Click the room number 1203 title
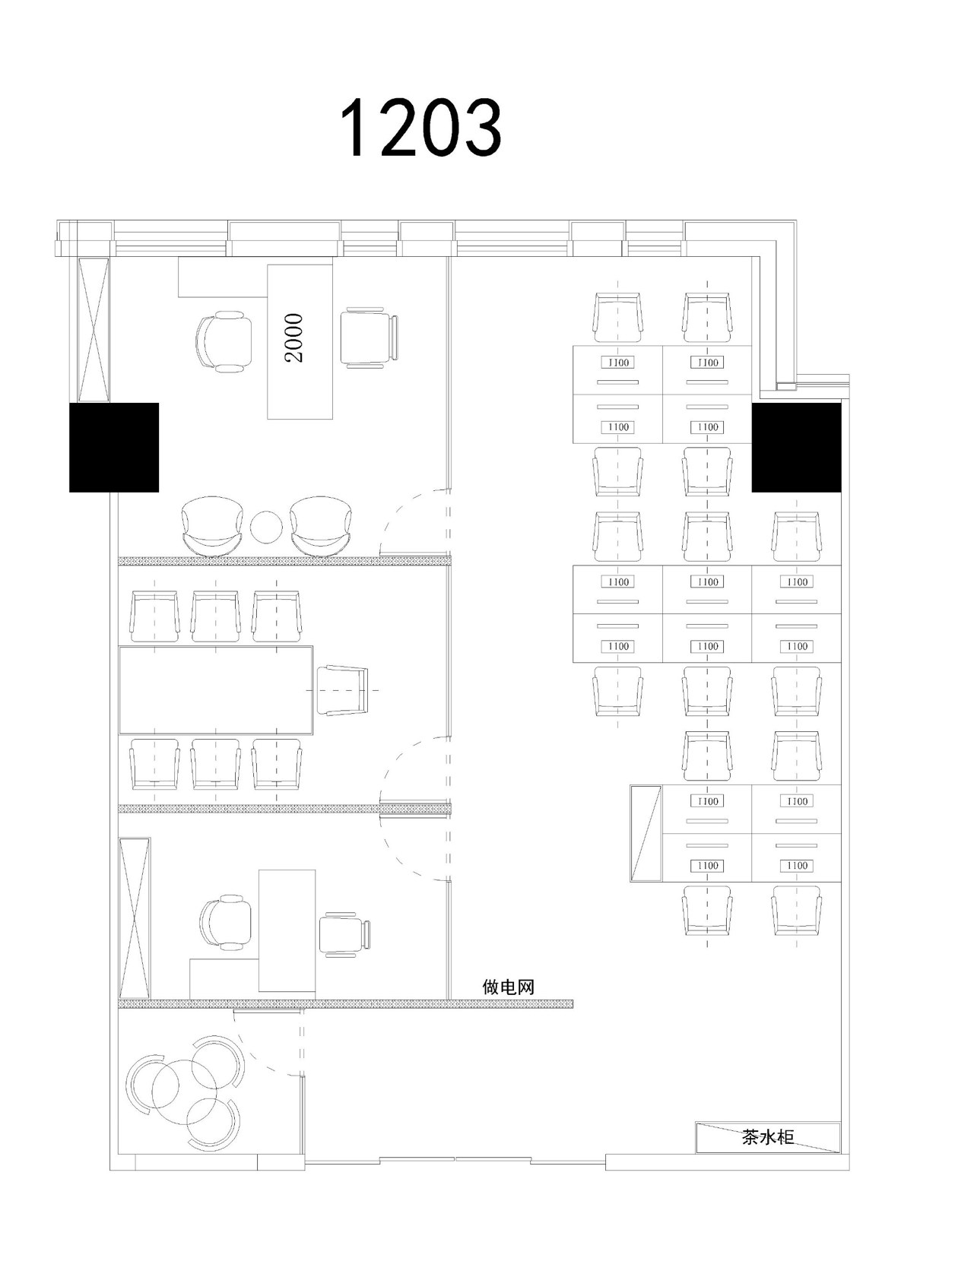tap(420, 127)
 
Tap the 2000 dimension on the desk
tap(295, 338)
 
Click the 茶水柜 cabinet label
tap(768, 1137)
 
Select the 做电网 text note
tap(509, 987)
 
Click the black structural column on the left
tap(114, 448)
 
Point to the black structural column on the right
tap(796, 448)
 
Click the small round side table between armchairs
tap(266, 527)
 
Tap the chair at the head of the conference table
tap(343, 690)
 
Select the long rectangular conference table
tap(216, 690)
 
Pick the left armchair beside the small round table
tap(211, 526)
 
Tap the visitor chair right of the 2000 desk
tap(370, 337)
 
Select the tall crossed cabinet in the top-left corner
tap(93, 329)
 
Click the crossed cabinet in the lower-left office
tap(135, 918)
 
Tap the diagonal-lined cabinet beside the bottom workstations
tap(646, 832)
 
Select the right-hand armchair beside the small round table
tap(321, 526)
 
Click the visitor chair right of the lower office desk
tap(344, 934)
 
